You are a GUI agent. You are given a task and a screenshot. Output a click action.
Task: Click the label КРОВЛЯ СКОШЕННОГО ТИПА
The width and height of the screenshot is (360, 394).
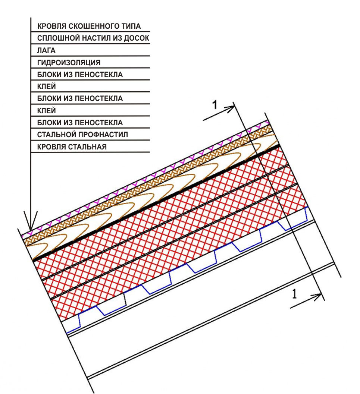89,26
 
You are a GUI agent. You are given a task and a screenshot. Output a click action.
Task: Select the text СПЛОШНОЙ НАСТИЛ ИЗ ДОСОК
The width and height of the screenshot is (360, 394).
93,38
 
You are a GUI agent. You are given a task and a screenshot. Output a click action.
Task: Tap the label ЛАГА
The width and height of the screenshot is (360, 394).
46,50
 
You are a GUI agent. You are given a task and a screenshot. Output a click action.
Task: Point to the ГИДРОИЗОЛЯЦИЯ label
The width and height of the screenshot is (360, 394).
69,63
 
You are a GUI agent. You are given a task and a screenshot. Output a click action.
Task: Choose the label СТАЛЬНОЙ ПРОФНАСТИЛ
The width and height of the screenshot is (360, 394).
82,135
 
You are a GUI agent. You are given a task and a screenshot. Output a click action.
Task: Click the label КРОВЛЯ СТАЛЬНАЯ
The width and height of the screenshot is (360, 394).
72,147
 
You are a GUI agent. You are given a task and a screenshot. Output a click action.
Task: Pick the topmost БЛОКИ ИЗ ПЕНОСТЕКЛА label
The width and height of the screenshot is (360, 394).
80,75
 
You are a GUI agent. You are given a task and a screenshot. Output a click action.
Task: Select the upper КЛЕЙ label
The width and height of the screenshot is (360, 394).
47,86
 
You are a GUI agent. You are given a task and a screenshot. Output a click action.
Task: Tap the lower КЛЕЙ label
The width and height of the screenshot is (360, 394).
47,111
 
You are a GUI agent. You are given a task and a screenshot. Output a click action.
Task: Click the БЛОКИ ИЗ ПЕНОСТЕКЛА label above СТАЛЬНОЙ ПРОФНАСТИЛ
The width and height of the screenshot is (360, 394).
80,123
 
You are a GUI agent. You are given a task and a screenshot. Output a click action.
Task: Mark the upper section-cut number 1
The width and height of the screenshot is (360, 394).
215,105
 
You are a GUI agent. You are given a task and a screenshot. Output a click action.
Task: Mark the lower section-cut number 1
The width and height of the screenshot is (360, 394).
294,294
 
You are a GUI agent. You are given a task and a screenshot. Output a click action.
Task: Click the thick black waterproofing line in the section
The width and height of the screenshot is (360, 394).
156,202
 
